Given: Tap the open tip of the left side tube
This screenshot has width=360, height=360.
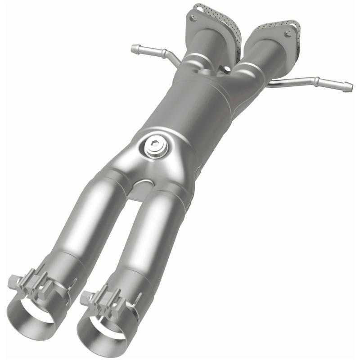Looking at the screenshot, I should (x=133, y=48).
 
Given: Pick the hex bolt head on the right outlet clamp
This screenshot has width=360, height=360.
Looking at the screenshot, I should (x=85, y=297).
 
